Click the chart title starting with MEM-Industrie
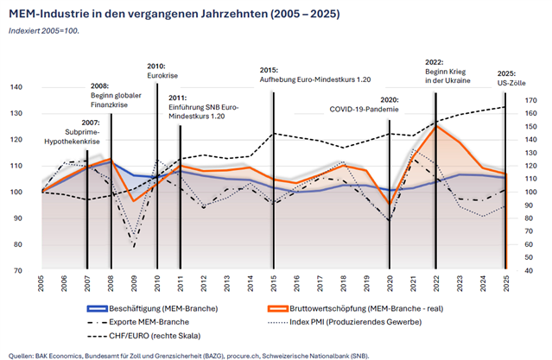point(174,14)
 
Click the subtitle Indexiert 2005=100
point(44,31)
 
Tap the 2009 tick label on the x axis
point(134,284)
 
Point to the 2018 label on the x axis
point(343,284)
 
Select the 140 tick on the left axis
point(16,87)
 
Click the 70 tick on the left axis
point(18,270)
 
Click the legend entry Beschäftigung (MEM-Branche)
point(152,308)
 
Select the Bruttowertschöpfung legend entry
point(355,308)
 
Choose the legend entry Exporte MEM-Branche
point(138,322)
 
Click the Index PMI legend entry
point(345,322)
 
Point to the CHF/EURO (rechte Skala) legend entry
point(144,336)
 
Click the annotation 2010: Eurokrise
point(162,71)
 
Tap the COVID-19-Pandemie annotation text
point(364,109)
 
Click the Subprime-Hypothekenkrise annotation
point(72,137)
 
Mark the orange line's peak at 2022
point(436,126)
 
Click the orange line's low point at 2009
point(134,201)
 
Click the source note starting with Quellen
point(188,356)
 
